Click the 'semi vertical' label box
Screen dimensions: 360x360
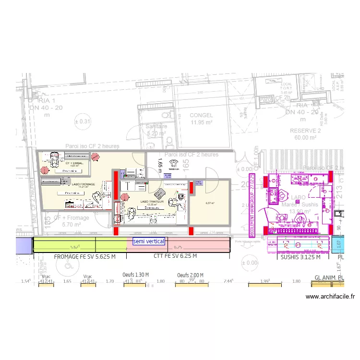coord(149,241)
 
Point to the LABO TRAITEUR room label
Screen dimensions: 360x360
coord(152,202)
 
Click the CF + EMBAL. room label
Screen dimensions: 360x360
coord(74,164)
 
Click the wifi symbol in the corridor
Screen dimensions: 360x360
coord(173,163)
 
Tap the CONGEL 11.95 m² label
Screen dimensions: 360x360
coord(201,119)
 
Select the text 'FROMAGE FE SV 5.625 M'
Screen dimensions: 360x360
coord(85,257)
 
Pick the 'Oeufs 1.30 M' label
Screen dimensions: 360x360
coord(136,275)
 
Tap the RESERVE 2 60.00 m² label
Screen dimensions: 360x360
coord(305,134)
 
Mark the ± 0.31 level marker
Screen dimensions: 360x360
coord(82,121)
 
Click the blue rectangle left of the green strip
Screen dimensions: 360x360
coord(23,245)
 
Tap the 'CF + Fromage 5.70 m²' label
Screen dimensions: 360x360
coord(71,221)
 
